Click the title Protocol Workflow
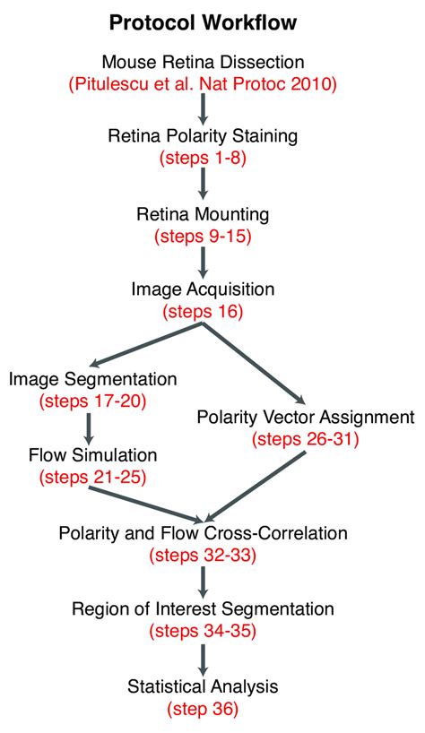204,21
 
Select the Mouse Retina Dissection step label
204,62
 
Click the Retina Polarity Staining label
204,138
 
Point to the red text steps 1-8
204,160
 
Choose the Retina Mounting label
204,215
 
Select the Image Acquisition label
204,290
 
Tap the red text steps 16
204,312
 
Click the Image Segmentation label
93,379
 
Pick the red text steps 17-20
93,401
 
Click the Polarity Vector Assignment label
306,418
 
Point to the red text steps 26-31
306,439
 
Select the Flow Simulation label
92,456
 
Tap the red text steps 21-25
92,478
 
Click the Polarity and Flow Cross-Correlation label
204,534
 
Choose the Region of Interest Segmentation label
204,610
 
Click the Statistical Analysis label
204,687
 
